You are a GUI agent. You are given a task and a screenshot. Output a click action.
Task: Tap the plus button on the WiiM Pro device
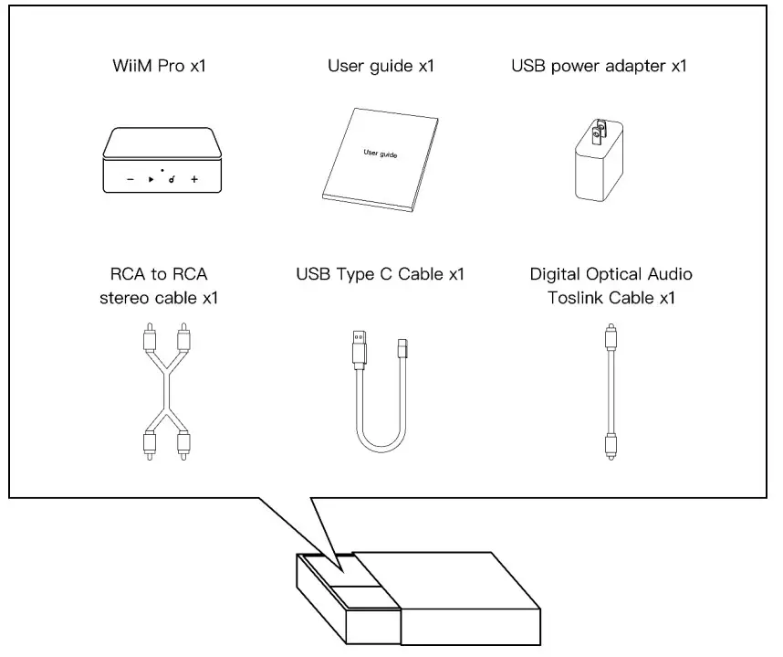[194, 180]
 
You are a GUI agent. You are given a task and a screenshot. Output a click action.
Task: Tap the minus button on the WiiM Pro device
[130, 180]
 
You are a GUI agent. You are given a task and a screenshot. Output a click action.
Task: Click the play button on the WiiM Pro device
[151, 180]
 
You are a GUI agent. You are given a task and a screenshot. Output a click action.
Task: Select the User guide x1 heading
[381, 67]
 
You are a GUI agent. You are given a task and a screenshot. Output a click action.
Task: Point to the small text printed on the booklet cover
[380, 153]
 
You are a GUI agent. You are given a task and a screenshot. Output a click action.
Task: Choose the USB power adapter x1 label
[599, 67]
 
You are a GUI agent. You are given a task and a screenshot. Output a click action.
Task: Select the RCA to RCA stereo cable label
[160, 286]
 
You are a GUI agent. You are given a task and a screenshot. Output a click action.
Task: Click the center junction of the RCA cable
[165, 384]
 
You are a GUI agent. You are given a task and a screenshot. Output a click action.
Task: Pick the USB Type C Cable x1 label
[381, 274]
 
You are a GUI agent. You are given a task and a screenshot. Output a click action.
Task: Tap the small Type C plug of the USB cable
[402, 350]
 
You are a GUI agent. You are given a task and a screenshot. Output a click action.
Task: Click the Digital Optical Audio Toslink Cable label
[611, 286]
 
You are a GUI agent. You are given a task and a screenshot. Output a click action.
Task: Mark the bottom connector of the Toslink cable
[608, 443]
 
